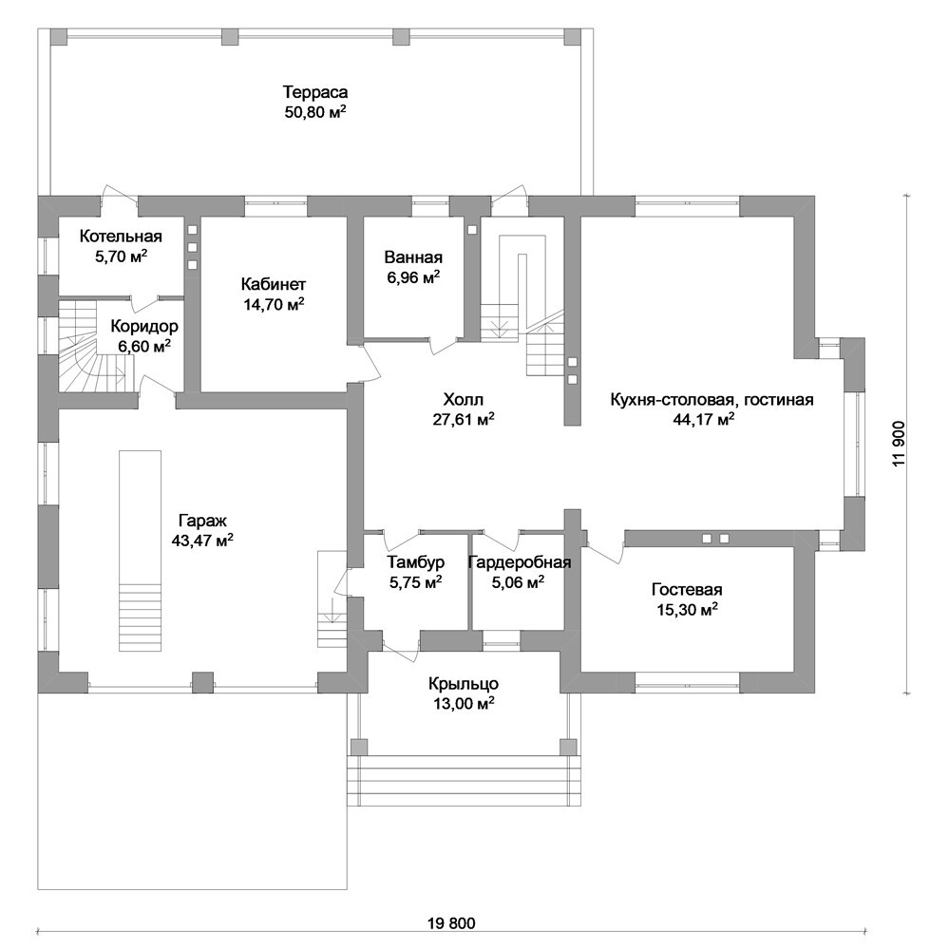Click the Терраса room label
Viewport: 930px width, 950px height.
point(315,92)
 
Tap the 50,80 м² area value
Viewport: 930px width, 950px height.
point(315,112)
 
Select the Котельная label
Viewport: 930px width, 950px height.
point(122,236)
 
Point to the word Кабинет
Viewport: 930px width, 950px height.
point(274,283)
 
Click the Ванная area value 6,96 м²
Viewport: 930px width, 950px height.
point(413,277)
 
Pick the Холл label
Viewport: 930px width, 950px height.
point(464,399)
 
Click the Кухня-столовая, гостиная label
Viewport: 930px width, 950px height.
point(712,399)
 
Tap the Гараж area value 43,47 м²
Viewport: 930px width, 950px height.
point(202,540)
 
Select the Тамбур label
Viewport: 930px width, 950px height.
point(416,561)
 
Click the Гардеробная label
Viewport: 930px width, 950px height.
point(520,561)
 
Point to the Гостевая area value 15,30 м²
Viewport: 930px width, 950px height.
point(687,609)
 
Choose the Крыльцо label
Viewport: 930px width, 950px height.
point(464,683)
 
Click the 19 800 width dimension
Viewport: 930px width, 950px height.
point(451,923)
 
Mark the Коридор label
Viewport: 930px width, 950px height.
point(144,326)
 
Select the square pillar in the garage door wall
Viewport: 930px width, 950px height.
point(202,681)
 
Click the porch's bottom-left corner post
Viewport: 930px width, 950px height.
point(358,746)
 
